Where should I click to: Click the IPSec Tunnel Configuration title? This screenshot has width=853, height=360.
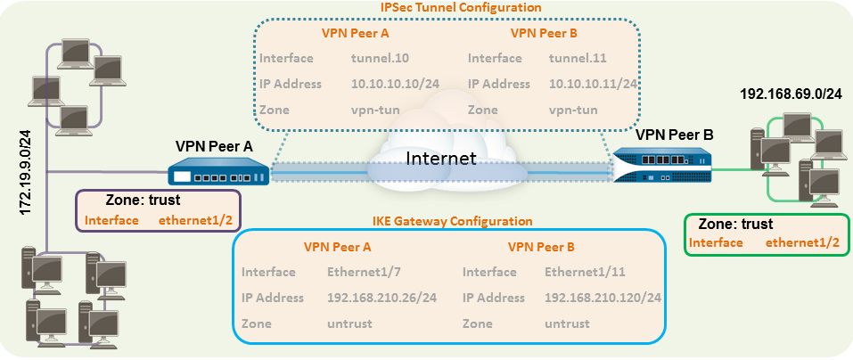pyautogui.click(x=448, y=7)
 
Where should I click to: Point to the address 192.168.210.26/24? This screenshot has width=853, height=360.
pyautogui.click(x=381, y=298)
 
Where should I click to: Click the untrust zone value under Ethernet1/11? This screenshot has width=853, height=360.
pyautogui.click(x=568, y=323)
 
